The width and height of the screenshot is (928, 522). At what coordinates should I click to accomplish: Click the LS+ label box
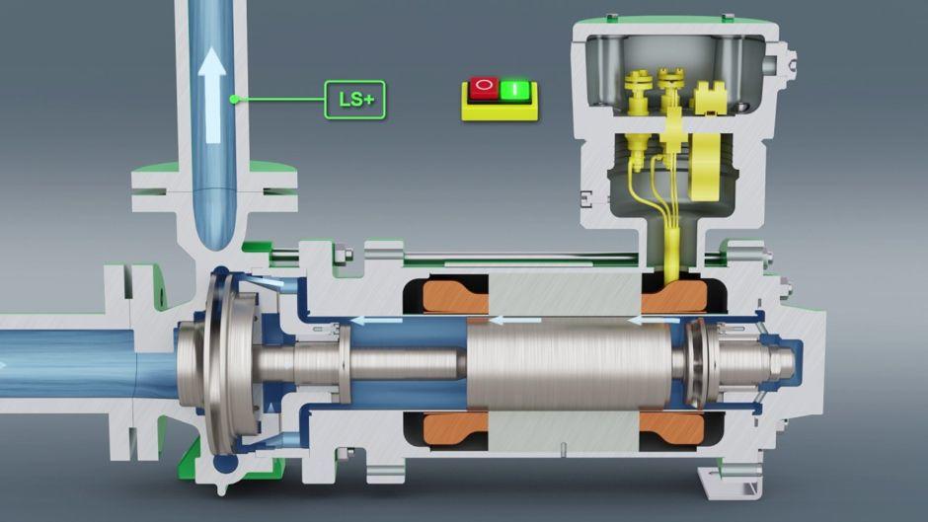(x=355, y=100)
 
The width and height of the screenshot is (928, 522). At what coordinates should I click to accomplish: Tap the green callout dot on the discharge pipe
(x=234, y=99)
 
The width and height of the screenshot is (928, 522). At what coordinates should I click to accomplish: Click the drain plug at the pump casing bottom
(x=219, y=485)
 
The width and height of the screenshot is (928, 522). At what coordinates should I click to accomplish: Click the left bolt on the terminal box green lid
(x=613, y=17)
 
